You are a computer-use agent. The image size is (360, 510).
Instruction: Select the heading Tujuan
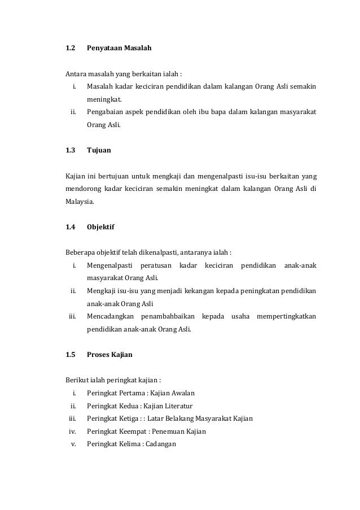(x=99, y=151)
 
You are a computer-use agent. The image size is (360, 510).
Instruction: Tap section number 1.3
(x=71, y=151)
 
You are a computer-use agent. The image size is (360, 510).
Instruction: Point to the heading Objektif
(x=102, y=227)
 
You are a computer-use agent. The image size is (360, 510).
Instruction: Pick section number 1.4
(x=71, y=227)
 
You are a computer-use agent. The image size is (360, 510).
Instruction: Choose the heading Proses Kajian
(x=110, y=355)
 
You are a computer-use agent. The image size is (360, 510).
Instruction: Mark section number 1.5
(x=71, y=355)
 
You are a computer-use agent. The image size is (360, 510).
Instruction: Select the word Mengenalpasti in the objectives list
(x=110, y=265)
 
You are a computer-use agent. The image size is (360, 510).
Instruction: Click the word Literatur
(x=176, y=406)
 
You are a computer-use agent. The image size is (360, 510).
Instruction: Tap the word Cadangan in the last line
(x=161, y=444)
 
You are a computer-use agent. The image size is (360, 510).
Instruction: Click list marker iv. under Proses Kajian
(x=72, y=431)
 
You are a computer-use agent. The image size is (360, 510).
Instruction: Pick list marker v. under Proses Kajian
(x=73, y=444)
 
